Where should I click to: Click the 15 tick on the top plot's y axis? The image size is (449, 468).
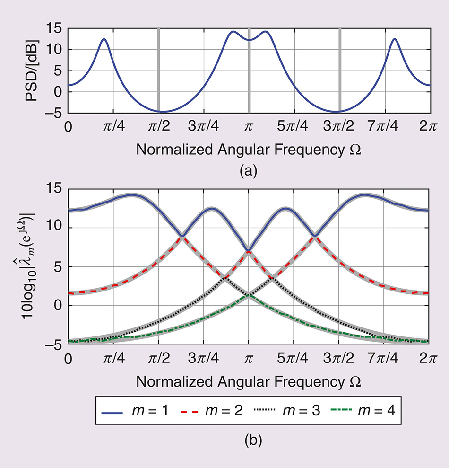pyautogui.click(x=55, y=29)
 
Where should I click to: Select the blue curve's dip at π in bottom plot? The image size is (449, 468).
pyautogui.click(x=249, y=250)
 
